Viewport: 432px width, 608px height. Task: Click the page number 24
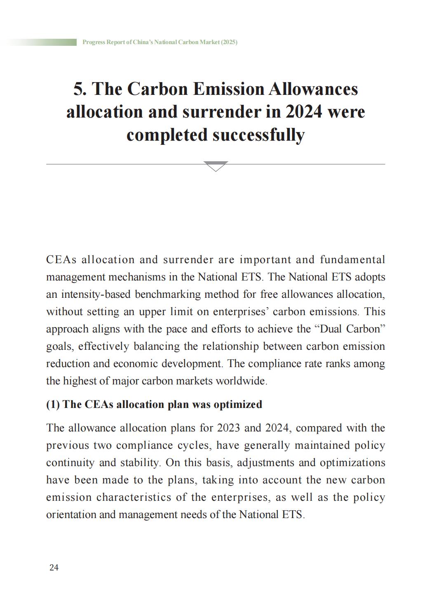click(x=54, y=568)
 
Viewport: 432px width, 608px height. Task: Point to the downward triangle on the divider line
click(x=216, y=166)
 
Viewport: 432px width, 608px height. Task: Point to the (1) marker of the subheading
click(x=53, y=404)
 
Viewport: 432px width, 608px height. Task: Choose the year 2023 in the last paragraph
click(x=228, y=428)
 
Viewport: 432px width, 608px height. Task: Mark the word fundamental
click(x=352, y=260)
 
